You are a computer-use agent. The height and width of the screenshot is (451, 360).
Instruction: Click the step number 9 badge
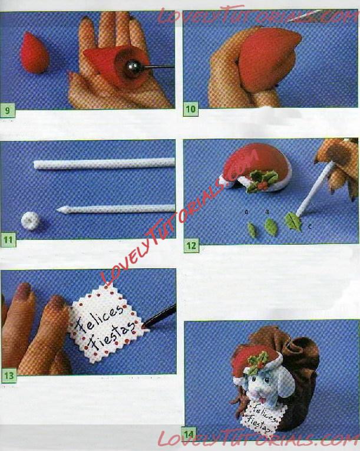coord(7,110)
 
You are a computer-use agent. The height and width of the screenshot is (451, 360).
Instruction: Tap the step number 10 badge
coord(191,109)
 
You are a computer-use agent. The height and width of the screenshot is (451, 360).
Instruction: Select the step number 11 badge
coord(8,240)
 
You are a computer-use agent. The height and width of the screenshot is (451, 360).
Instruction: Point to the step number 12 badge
coord(191,246)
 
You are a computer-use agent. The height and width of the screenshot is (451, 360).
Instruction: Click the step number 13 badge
coord(9,376)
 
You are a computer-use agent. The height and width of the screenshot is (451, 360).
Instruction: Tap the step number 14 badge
coord(189,434)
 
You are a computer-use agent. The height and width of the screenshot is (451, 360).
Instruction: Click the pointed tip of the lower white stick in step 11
coord(58,210)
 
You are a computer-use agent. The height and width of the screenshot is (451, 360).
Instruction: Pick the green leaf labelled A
coord(252,231)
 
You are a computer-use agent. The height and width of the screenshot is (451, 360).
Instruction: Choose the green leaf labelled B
coord(270,227)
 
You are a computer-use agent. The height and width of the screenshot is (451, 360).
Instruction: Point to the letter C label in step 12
coord(309,226)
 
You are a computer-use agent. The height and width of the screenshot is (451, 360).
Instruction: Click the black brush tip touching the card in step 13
coord(144,326)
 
